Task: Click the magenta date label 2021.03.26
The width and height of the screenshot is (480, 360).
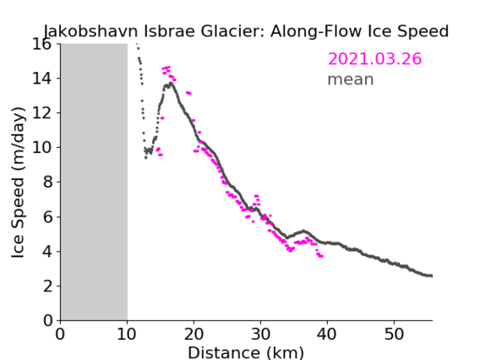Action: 374,59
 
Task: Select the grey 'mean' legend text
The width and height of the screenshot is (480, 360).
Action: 351,79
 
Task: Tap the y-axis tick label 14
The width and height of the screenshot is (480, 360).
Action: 41,79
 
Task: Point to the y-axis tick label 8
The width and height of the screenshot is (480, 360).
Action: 47,183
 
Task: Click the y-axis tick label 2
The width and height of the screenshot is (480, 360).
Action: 47,286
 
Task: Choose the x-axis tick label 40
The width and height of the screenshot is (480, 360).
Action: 327,334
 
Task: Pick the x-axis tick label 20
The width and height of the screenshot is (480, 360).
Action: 194,334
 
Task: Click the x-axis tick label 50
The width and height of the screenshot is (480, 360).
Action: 394,334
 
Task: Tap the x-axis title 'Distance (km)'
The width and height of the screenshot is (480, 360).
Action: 246,352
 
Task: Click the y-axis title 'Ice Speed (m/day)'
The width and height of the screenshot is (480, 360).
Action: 18,183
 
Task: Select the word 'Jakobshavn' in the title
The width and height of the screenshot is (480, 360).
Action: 91,31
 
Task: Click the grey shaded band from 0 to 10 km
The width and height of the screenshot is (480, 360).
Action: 94,183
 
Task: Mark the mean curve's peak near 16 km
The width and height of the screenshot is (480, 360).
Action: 171,83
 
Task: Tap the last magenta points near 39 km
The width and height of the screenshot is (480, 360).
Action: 320,256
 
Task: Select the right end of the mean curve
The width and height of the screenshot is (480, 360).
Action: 431,275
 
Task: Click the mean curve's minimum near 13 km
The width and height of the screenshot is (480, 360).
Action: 145,158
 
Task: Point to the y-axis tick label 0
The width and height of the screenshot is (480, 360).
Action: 47,321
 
